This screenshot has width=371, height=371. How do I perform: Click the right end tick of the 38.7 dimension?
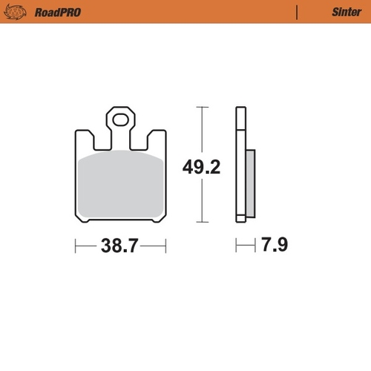[165, 245]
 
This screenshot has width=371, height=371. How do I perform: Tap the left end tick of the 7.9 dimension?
[236, 245]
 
